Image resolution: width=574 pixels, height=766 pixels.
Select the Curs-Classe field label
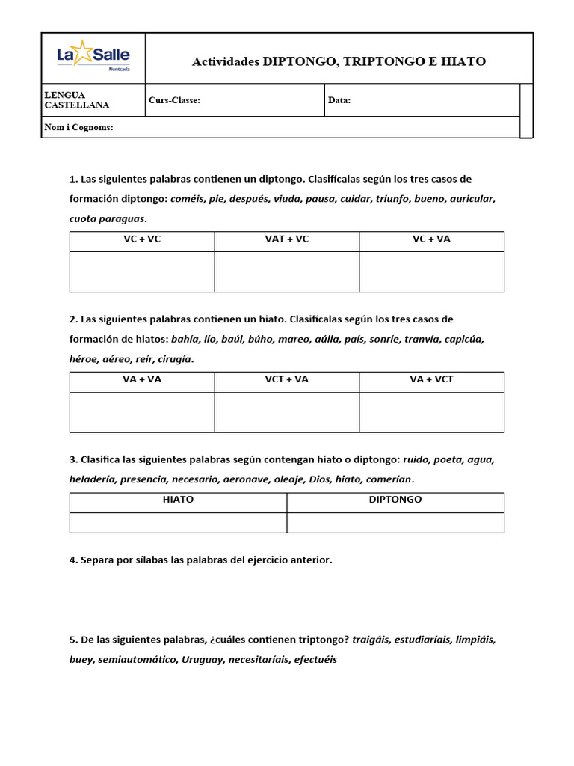click(174, 100)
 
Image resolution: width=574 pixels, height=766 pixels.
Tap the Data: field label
click(339, 100)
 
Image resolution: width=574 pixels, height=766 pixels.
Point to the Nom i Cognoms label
click(78, 127)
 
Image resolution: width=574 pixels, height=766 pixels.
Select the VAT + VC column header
click(286, 239)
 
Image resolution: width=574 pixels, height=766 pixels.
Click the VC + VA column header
click(431, 239)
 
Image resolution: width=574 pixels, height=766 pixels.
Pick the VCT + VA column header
click(286, 379)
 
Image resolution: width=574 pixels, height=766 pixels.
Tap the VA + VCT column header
click(431, 379)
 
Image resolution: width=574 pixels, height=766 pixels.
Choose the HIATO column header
click(178, 499)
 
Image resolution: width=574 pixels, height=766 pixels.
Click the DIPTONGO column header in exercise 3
click(395, 499)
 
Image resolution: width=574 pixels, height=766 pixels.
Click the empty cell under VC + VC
click(142, 272)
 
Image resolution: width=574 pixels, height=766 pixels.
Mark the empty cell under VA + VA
click(142, 412)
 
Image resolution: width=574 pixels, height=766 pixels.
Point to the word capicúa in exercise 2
click(464, 340)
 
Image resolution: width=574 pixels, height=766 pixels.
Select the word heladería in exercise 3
click(92, 479)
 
